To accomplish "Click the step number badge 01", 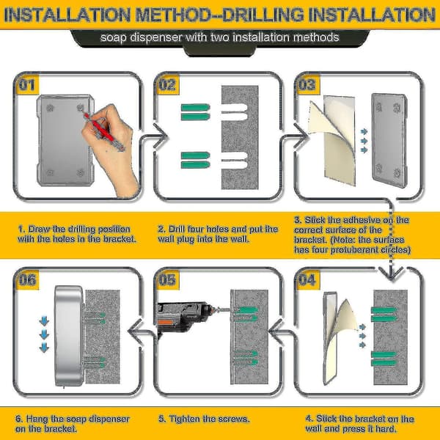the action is (28, 85).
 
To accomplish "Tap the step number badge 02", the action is (168, 85).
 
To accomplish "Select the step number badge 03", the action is (308, 85).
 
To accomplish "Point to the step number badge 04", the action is (308, 280).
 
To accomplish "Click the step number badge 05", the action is (168, 280).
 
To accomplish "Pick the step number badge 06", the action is (28, 280).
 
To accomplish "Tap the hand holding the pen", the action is (112, 146).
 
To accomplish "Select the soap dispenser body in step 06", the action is (69, 335).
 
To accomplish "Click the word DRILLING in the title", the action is (263, 15).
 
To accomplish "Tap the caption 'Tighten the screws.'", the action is (204, 419).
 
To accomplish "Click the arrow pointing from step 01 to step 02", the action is (153, 136).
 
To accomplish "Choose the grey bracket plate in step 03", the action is (389, 140).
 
